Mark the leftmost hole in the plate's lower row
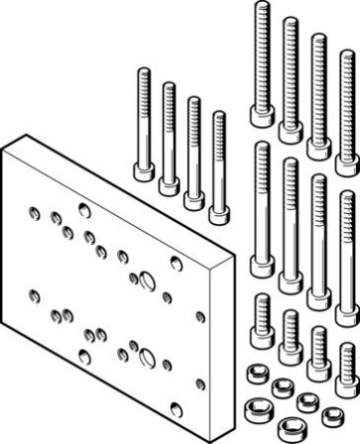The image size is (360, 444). click(35, 294)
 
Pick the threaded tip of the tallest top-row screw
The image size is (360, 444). click(262, 10)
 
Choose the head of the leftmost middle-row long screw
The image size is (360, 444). click(263, 267)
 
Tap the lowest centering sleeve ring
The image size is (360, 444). click(291, 431)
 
